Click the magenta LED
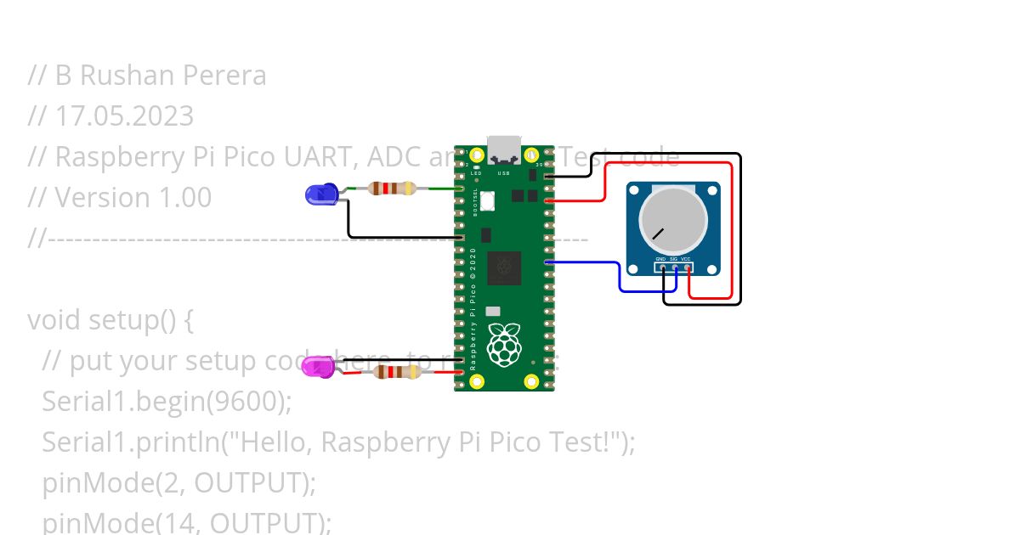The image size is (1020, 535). point(318,367)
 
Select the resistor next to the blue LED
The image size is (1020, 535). point(392,189)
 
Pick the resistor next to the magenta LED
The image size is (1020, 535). point(397,372)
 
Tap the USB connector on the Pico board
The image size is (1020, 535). point(504,149)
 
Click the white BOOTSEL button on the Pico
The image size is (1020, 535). point(488,201)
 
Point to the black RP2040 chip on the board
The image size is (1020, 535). point(504,267)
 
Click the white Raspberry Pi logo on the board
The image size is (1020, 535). point(504,346)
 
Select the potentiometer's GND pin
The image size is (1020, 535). point(662,267)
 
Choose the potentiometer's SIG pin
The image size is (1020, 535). point(675,267)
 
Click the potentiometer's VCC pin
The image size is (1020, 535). point(687,267)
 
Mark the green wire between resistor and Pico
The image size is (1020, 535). point(438,189)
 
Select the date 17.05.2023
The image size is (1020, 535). point(124,115)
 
